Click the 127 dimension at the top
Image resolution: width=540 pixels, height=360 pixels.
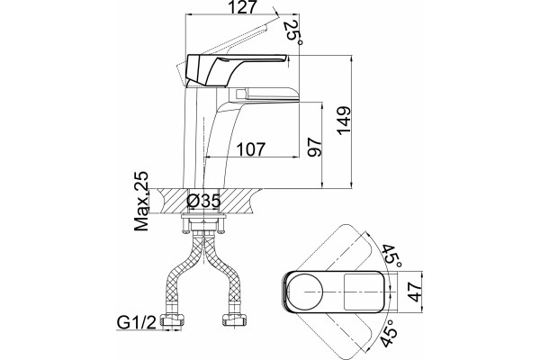click(242, 7)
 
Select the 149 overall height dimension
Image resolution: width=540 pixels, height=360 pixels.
click(344, 121)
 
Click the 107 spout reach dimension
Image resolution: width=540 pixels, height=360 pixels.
click(251, 149)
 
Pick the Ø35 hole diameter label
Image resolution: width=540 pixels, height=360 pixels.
click(203, 201)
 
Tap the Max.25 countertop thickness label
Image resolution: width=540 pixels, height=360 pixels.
click(141, 201)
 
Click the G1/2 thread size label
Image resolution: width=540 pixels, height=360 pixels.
click(137, 322)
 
